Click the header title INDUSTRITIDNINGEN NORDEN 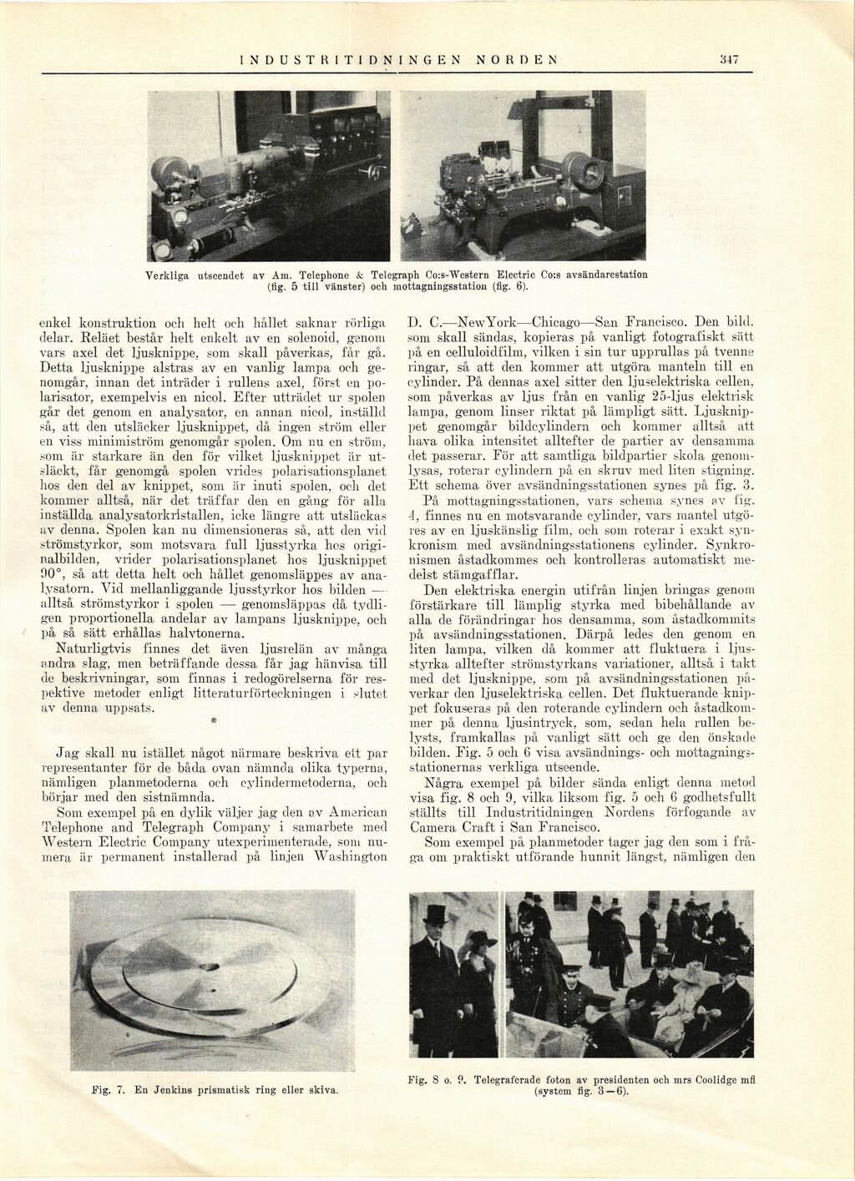397,59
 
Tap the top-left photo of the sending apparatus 269,175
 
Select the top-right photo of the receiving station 523,175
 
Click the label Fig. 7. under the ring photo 109,1089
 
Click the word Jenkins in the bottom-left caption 172,1089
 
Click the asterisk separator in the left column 213,719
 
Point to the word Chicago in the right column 555,321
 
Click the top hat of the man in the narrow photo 435,916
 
